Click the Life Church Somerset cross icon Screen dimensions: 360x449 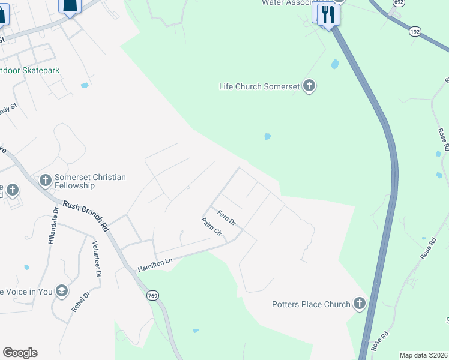[309, 86]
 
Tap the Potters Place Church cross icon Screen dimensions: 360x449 [360, 304]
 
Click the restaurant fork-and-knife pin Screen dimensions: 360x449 [327, 14]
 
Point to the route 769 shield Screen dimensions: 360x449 [152, 295]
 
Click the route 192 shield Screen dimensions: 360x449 [415, 31]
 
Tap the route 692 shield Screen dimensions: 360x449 [398, 3]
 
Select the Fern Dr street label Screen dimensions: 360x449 [227, 218]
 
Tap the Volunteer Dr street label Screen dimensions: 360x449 [95, 259]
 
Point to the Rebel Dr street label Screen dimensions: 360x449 [80, 302]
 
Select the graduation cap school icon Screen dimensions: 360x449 [61, 292]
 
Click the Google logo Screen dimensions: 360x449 [20, 353]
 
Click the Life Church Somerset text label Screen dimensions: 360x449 [259, 86]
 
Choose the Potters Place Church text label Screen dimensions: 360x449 [310, 304]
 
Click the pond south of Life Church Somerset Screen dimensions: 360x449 [267, 137]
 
